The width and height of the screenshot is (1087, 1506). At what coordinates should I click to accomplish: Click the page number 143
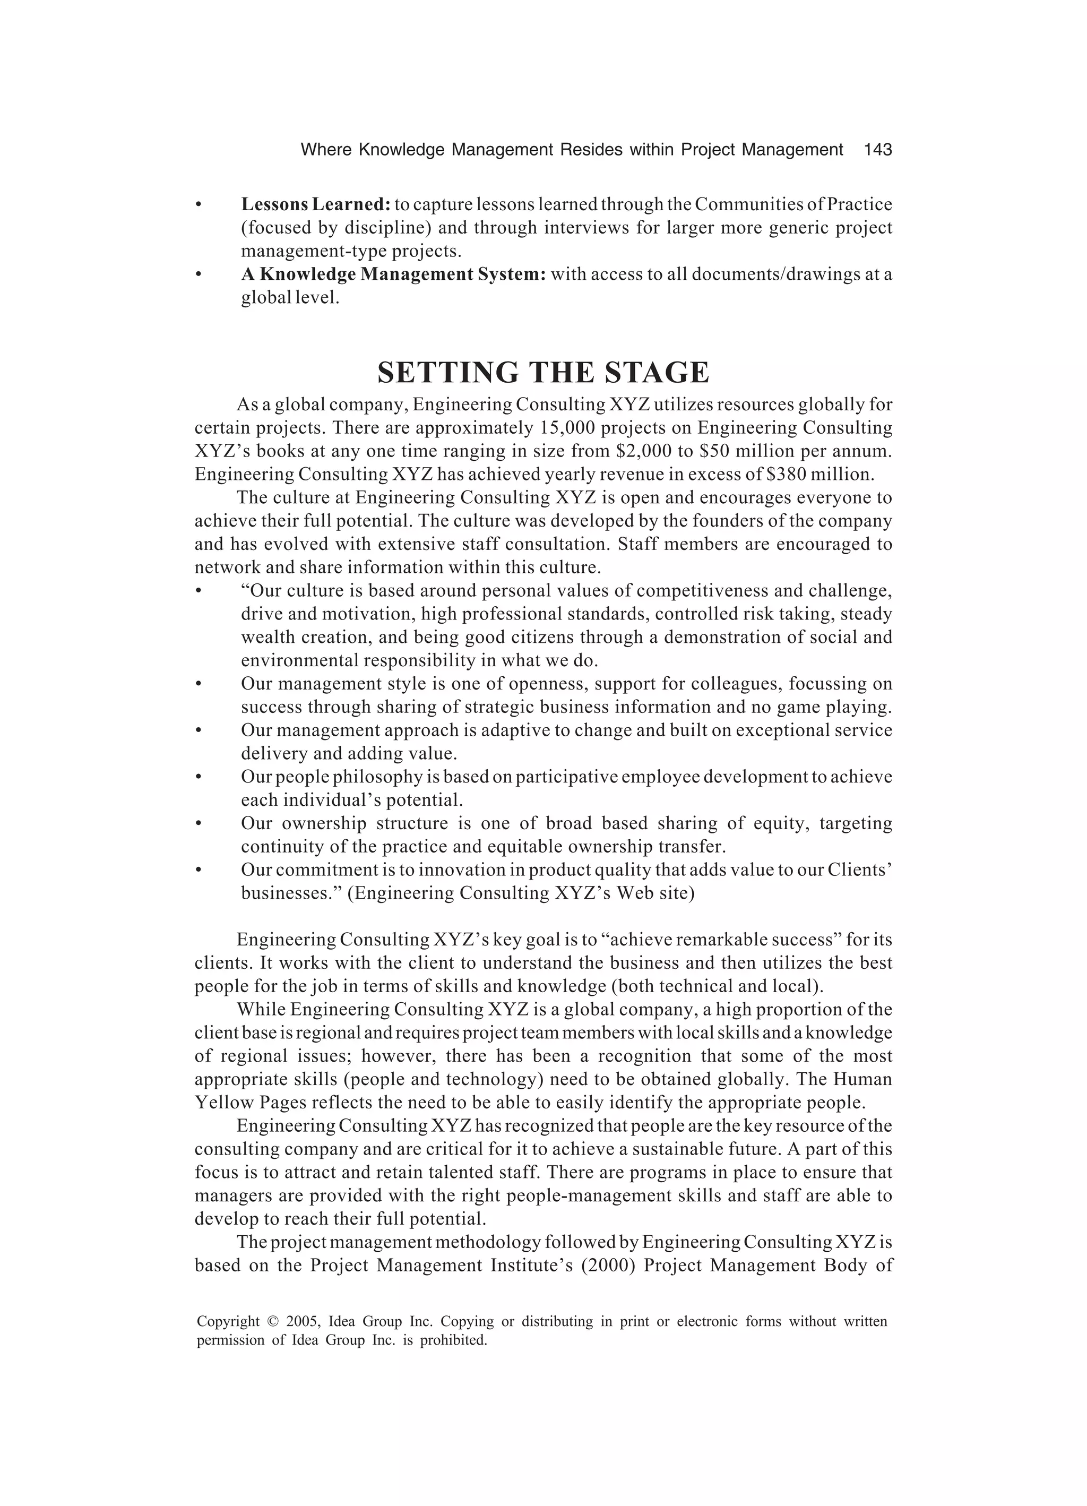pos(877,150)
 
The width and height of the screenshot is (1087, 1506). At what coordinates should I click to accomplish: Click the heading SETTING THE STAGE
pos(543,373)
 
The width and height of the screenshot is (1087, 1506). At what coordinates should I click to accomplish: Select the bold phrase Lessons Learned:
pos(315,204)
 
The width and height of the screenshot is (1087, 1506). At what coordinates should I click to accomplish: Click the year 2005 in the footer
pos(303,1321)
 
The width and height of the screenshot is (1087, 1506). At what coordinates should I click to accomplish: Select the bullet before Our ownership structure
pos(198,824)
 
